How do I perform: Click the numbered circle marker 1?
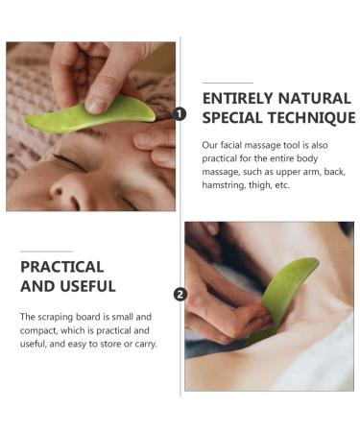point(180,114)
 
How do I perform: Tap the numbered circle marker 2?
point(180,294)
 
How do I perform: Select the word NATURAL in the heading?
point(318,97)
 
